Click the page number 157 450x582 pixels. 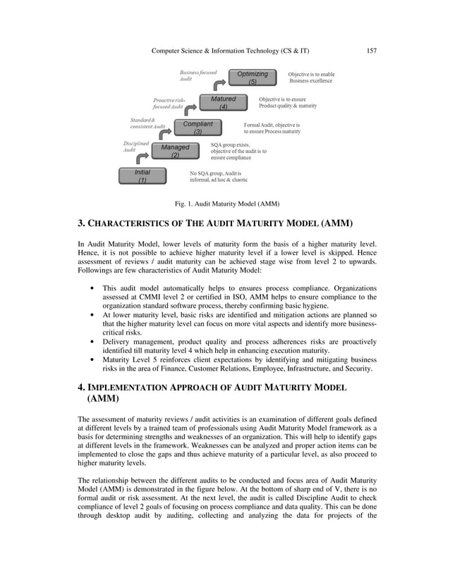click(x=372, y=51)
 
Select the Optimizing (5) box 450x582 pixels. click(x=252, y=78)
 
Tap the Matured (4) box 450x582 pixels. click(x=223, y=103)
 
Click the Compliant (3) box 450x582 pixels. click(x=197, y=128)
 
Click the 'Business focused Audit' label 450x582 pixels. click(x=197, y=76)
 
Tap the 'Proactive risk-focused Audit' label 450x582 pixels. click(x=169, y=103)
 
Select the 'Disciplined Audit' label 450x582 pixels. click(x=135, y=147)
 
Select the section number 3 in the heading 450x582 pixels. click(x=80, y=225)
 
